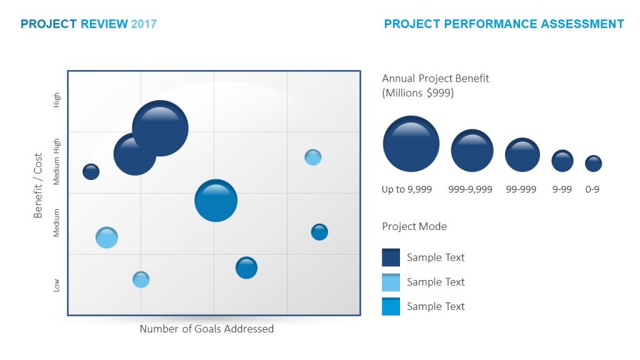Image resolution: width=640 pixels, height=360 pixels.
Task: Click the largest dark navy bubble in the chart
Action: pos(160,128)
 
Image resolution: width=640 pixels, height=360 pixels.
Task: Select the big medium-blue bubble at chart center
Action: pos(216,201)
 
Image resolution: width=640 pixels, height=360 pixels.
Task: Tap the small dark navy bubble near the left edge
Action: pos(91,172)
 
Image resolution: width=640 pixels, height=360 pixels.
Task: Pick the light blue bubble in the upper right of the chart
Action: pos(313,157)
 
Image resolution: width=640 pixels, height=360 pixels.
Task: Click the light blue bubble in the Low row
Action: pos(141,279)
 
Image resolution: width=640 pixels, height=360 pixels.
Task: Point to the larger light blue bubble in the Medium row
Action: pos(107,237)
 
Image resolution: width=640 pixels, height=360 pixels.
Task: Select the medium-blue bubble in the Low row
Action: pos(247,267)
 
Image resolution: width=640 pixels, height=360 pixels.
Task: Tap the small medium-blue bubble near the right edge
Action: pos(319,232)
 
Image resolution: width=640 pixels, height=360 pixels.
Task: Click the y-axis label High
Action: pos(57,100)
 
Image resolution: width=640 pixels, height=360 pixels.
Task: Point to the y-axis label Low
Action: pos(57,285)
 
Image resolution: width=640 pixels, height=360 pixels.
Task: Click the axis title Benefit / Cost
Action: pos(38,186)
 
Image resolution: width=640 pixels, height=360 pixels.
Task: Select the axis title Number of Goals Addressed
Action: pos(206,329)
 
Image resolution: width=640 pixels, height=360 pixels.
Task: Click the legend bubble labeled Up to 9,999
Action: pos(411,144)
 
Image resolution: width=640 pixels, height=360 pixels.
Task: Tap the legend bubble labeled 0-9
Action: pos(593,164)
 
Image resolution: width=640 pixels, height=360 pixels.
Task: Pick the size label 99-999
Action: pos(521,189)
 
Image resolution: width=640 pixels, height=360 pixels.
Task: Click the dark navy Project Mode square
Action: pos(391,257)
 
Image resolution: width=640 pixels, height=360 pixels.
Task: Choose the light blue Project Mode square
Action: pos(391,282)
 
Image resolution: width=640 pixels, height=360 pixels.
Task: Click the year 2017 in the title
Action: pos(144,24)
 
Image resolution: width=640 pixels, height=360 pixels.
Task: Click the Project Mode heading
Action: pos(414,226)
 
